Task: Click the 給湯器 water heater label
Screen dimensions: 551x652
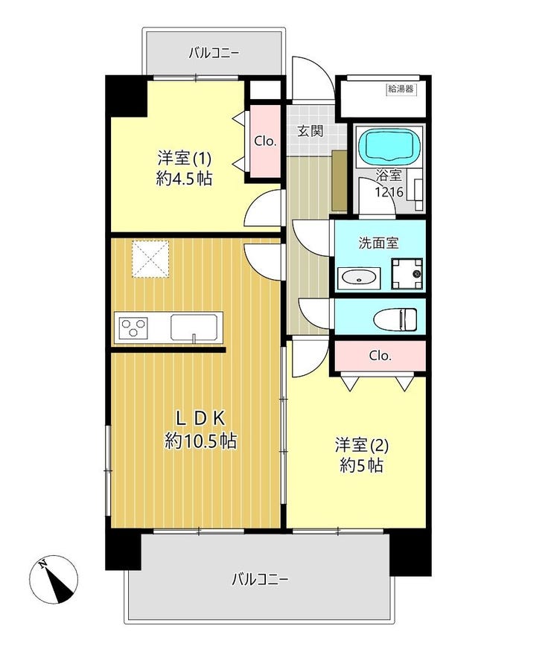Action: pyautogui.click(x=401, y=89)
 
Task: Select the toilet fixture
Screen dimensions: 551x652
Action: pyautogui.click(x=395, y=319)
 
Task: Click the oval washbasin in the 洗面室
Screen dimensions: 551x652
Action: pyautogui.click(x=359, y=278)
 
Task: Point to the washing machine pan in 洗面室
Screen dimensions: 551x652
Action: pyautogui.click(x=407, y=274)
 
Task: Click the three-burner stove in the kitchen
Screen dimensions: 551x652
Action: pyautogui.click(x=133, y=327)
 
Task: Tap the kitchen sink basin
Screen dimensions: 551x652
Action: pyautogui.click(x=194, y=328)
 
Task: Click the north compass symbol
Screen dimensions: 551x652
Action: pyautogui.click(x=54, y=579)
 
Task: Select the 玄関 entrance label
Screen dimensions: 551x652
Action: pyautogui.click(x=310, y=131)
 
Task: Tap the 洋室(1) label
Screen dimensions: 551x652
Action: pyautogui.click(x=184, y=159)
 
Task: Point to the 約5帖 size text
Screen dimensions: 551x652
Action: pyautogui.click(x=361, y=466)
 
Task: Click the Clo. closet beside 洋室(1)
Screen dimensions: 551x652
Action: pyautogui.click(x=264, y=141)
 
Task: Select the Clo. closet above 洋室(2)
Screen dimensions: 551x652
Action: pyautogui.click(x=380, y=356)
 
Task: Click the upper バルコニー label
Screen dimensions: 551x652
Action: pyautogui.click(x=214, y=53)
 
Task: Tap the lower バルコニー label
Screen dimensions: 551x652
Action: pyautogui.click(x=260, y=579)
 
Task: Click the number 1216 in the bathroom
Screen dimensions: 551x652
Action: pyautogui.click(x=389, y=192)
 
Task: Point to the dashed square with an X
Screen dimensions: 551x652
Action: pyautogui.click(x=150, y=258)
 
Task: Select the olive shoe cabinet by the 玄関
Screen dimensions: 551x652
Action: pyautogui.click(x=340, y=181)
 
